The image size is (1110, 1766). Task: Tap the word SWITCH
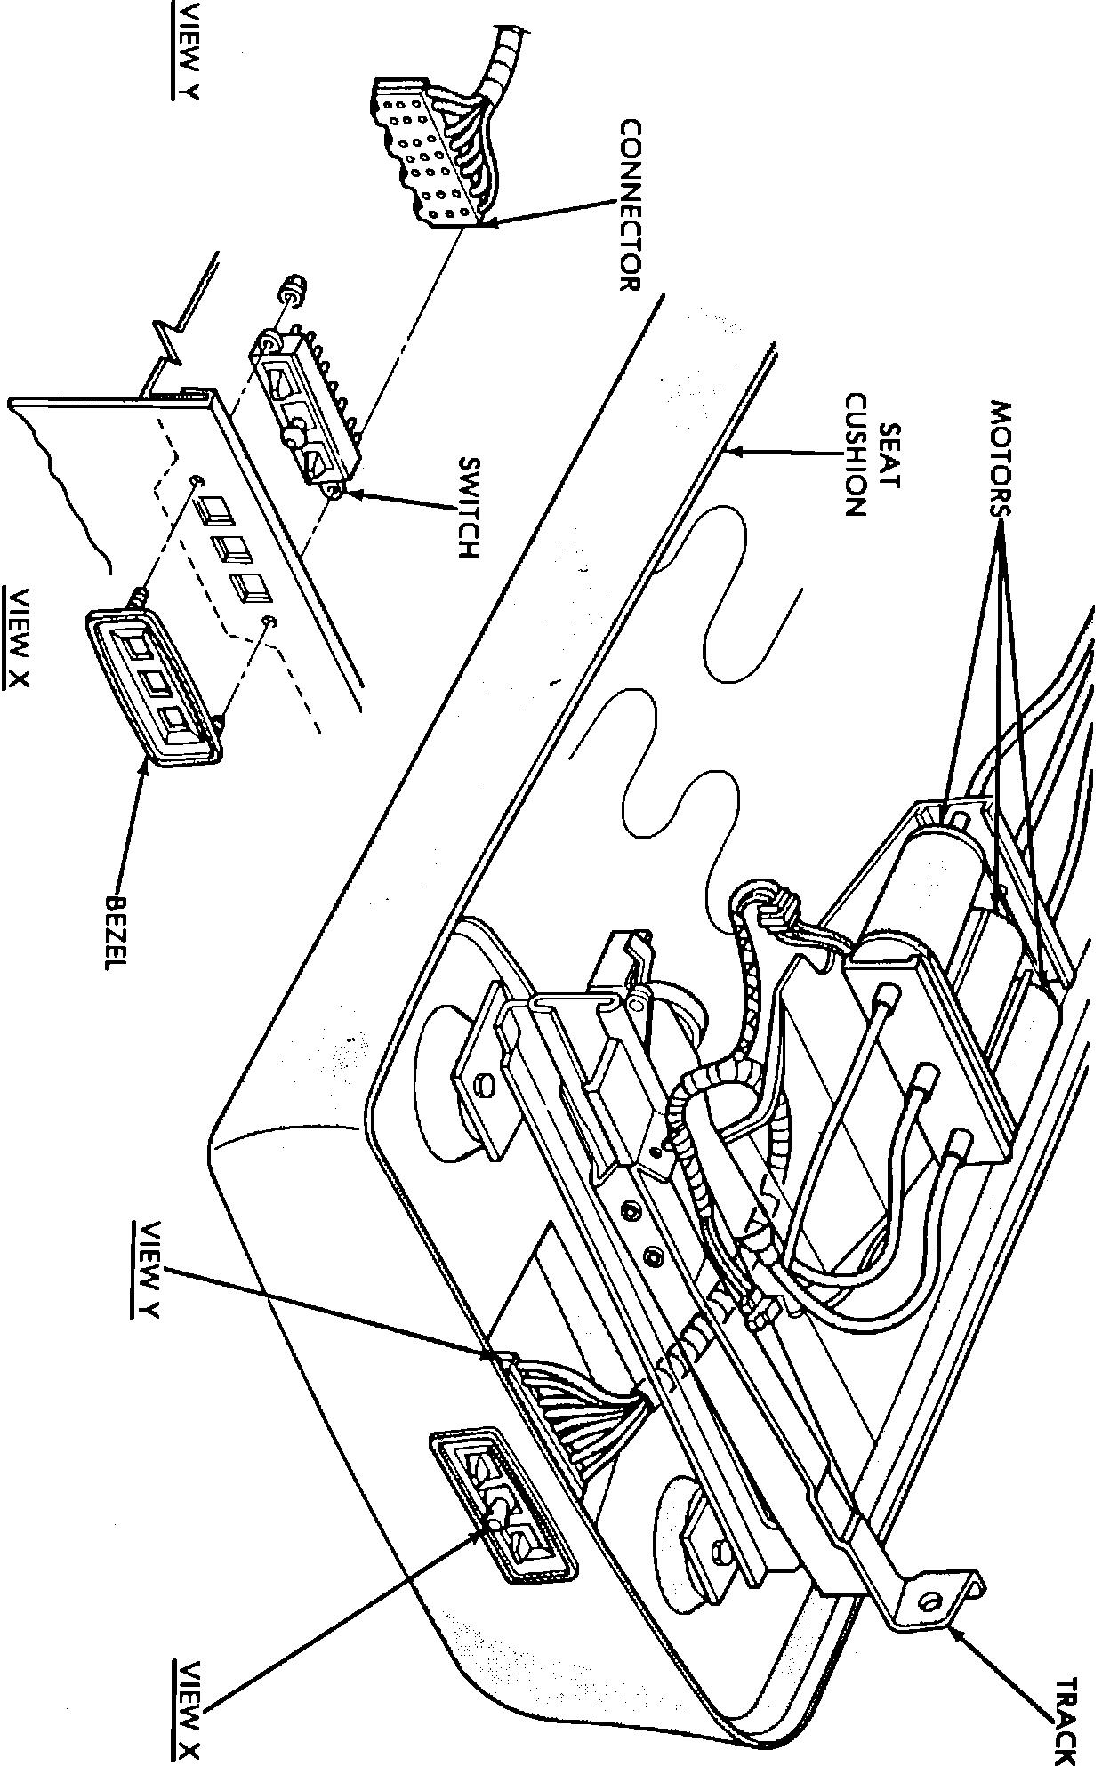[469, 508]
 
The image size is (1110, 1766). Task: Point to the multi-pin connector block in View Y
[428, 156]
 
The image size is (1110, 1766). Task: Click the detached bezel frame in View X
[155, 688]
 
